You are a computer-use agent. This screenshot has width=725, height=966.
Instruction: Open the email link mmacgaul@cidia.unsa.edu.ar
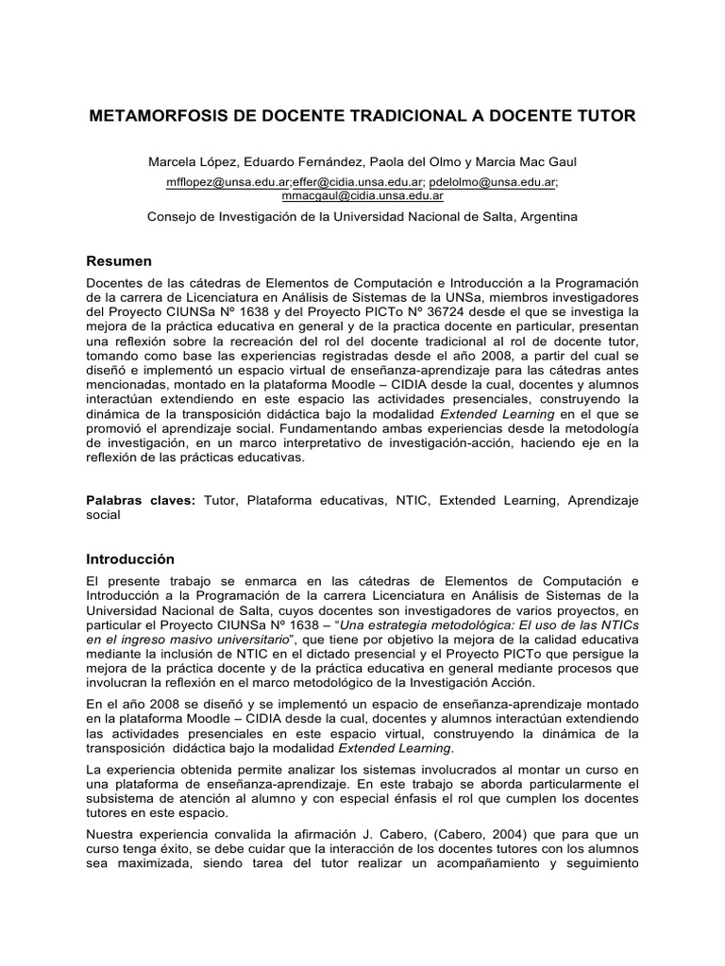click(x=362, y=195)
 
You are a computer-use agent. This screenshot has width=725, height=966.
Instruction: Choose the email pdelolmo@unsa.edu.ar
click(x=493, y=181)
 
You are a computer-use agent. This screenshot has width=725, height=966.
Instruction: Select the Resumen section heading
click(x=119, y=260)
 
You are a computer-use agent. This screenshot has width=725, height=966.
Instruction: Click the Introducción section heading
click(x=130, y=558)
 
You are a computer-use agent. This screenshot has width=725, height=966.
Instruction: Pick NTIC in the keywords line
click(x=410, y=501)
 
